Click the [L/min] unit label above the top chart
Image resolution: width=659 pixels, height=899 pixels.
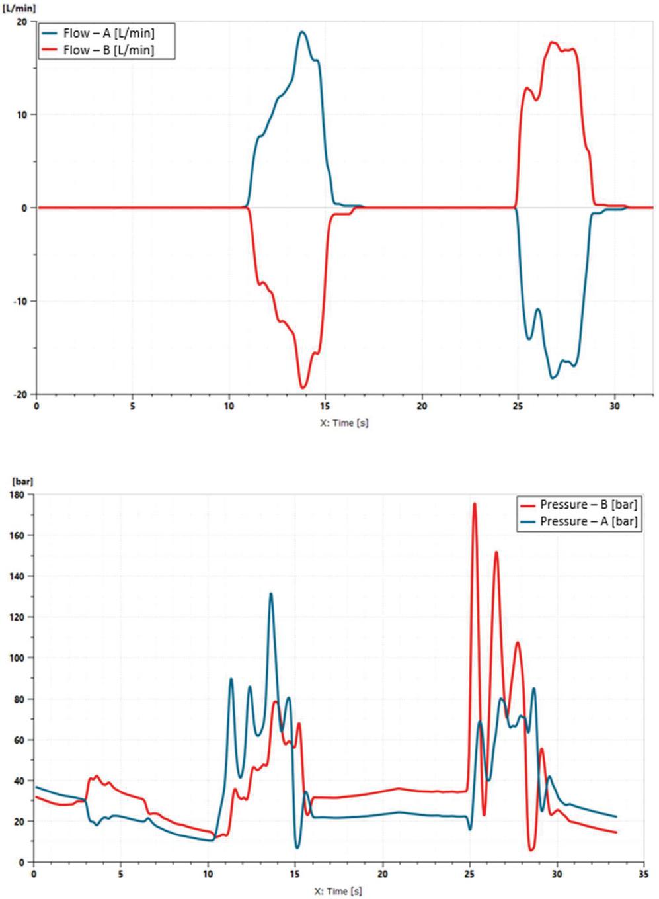[19, 9]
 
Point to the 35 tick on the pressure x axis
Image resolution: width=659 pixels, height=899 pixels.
[644, 874]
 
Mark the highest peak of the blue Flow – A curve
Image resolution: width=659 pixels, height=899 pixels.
[303, 32]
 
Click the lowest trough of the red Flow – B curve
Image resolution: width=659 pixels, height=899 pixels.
[303, 388]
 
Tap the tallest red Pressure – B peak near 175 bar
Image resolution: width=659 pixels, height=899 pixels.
[474, 503]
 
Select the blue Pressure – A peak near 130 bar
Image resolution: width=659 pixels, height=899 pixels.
[271, 593]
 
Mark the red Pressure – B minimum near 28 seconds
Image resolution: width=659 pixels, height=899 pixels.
[531, 849]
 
